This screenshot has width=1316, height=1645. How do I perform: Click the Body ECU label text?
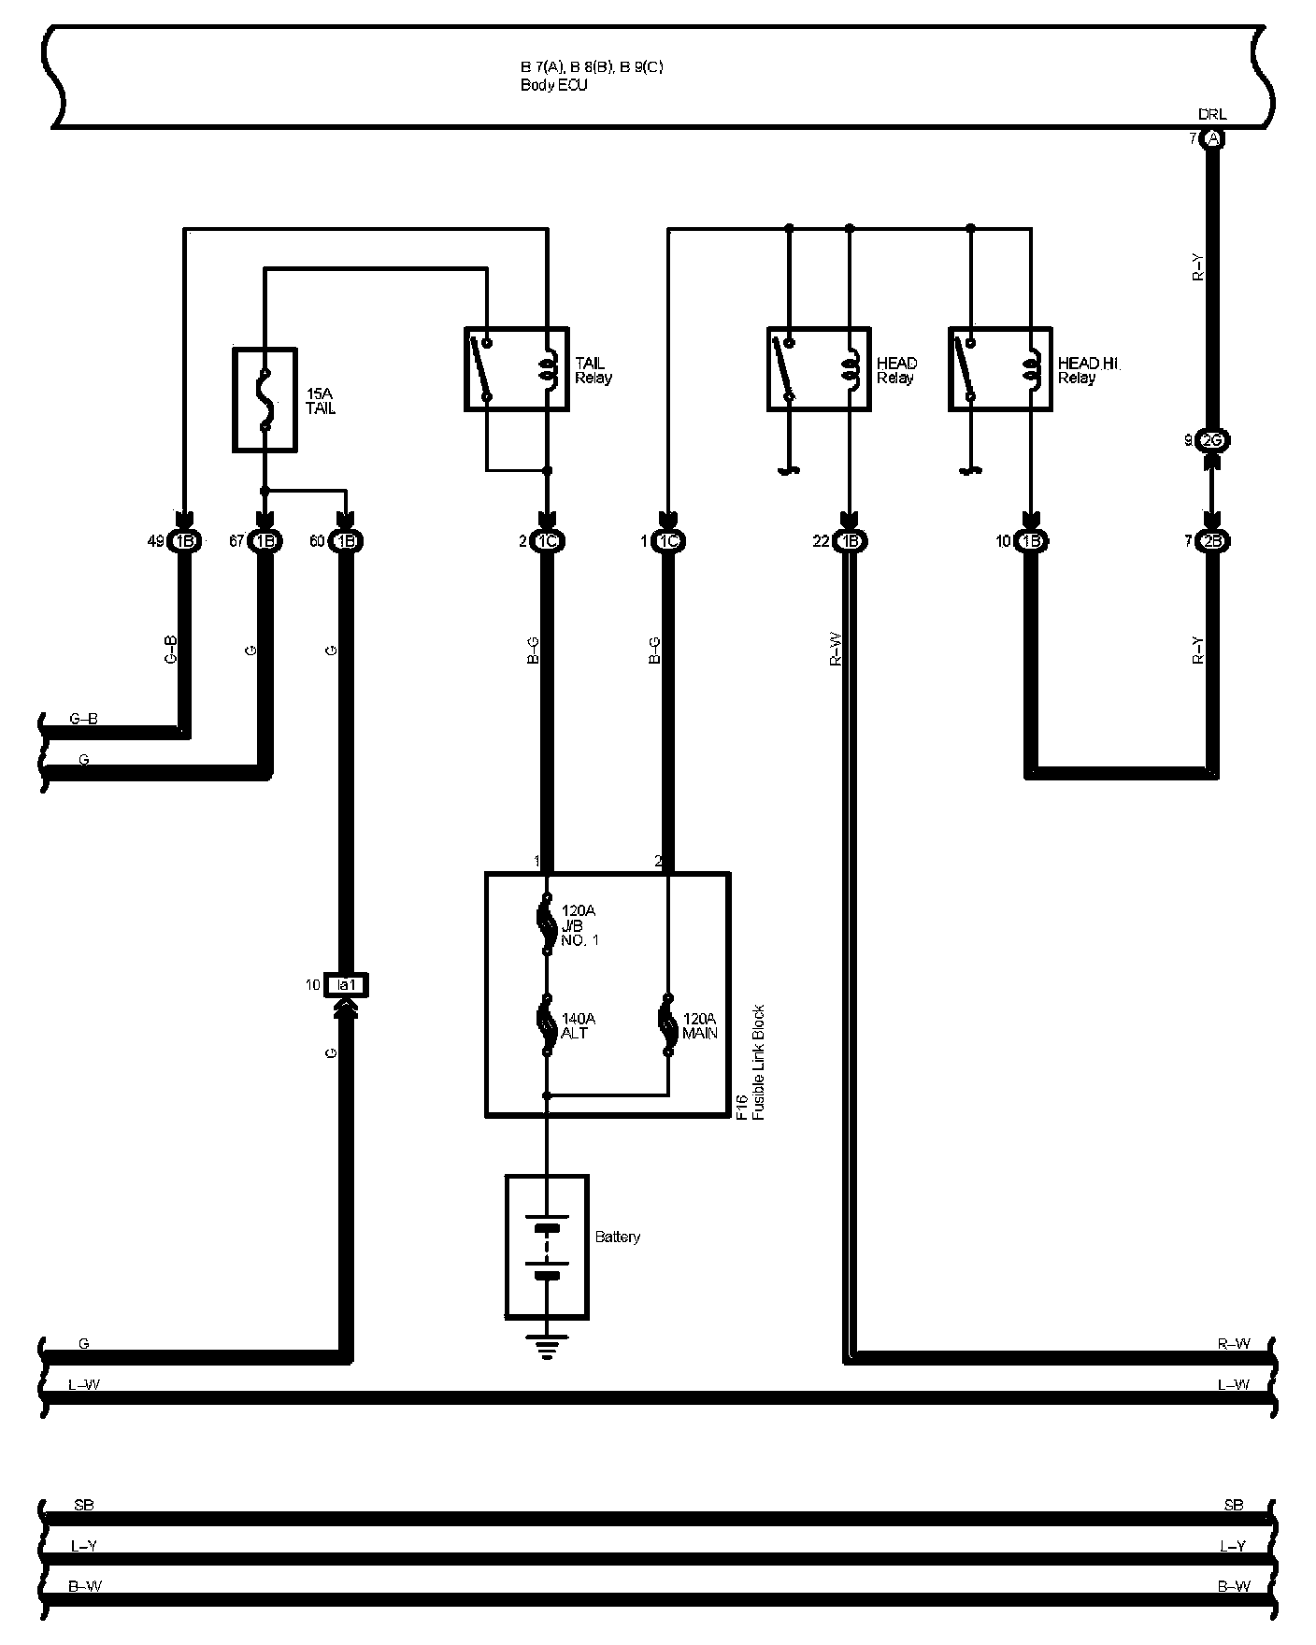(x=553, y=85)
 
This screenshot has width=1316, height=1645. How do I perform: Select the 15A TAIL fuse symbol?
(x=265, y=401)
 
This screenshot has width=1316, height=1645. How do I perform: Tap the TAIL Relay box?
(x=516, y=369)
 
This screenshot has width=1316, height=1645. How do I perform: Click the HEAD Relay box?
(x=819, y=369)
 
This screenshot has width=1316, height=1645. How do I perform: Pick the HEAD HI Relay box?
(x=1000, y=369)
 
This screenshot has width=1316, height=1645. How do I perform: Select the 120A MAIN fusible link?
(x=667, y=1024)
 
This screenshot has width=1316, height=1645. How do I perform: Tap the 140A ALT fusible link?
(x=547, y=1024)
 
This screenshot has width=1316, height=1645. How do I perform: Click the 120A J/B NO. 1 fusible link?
(x=547, y=925)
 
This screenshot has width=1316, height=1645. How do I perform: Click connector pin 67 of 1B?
(x=265, y=541)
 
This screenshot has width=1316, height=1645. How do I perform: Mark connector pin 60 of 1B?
(x=346, y=541)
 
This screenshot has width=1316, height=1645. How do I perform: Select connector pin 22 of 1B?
(x=849, y=541)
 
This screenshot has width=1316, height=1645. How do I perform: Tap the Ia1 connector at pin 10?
(x=346, y=984)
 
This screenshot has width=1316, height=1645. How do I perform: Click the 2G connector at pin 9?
(x=1212, y=440)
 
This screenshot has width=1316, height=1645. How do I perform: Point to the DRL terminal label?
(x=1212, y=114)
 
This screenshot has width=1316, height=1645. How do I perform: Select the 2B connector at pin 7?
(x=1212, y=541)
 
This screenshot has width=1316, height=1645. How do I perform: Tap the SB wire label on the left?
(x=83, y=1506)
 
